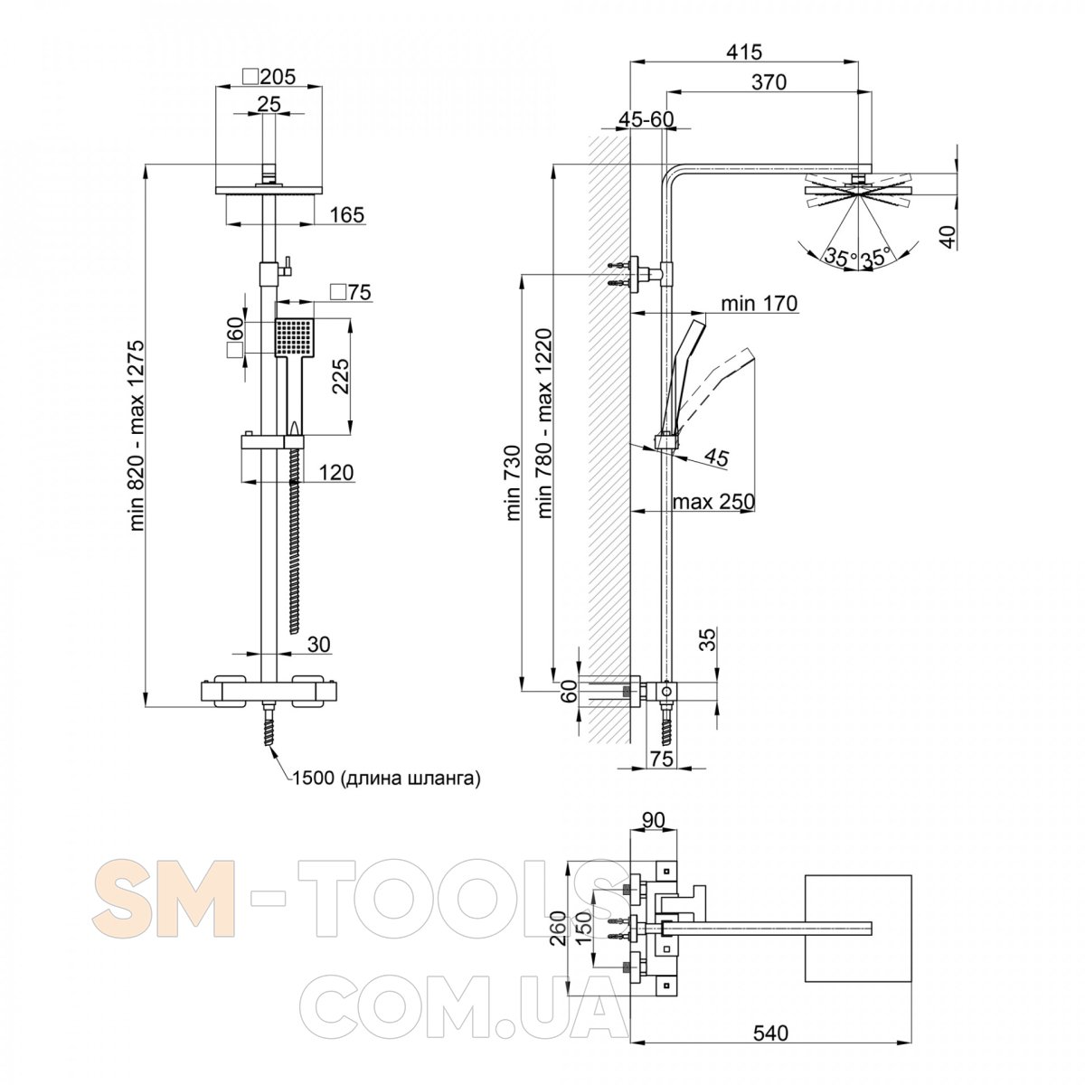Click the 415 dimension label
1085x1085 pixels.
pyautogui.click(x=743, y=52)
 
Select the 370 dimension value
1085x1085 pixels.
pyautogui.click(x=769, y=82)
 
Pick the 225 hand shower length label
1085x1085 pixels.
pyautogui.click(x=340, y=377)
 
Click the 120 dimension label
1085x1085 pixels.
pyautogui.click(x=335, y=472)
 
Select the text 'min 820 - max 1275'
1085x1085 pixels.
pyautogui.click(x=137, y=435)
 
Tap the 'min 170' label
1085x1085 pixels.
pyautogui.click(x=759, y=304)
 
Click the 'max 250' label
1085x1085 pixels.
pyautogui.click(x=712, y=501)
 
